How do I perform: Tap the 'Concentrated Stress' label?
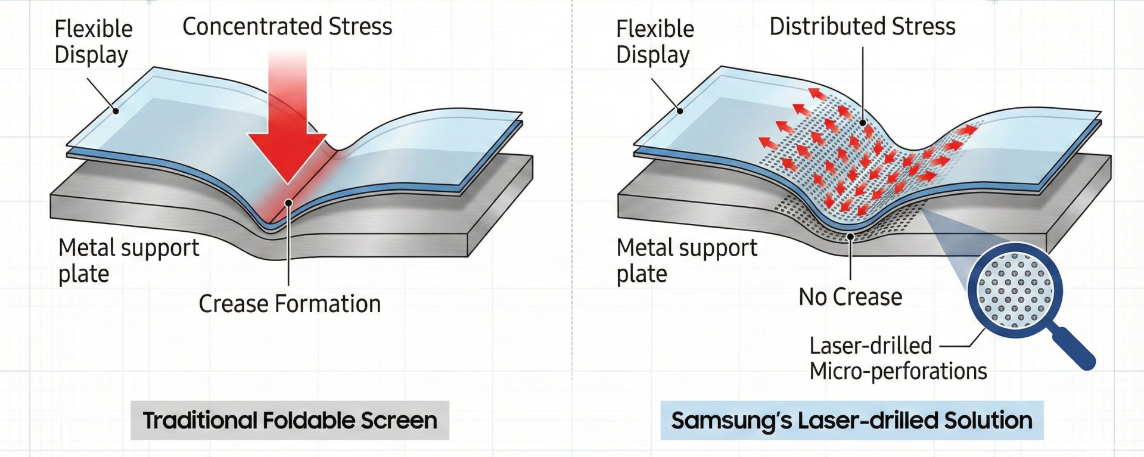287,27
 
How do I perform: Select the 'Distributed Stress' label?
862,27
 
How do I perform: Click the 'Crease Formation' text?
290,304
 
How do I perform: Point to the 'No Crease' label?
850,297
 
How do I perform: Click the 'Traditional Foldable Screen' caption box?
290,421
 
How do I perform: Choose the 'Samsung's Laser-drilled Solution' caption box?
851,421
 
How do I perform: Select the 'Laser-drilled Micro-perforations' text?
897,358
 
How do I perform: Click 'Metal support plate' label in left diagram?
128,260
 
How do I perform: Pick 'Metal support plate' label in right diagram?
686,260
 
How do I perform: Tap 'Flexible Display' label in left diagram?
93,41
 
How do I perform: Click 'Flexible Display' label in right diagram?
655,41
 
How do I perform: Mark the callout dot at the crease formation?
288,203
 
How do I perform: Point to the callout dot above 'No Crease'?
851,237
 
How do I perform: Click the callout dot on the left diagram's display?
116,111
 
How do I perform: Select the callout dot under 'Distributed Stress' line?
863,123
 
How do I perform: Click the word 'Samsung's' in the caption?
731,421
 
